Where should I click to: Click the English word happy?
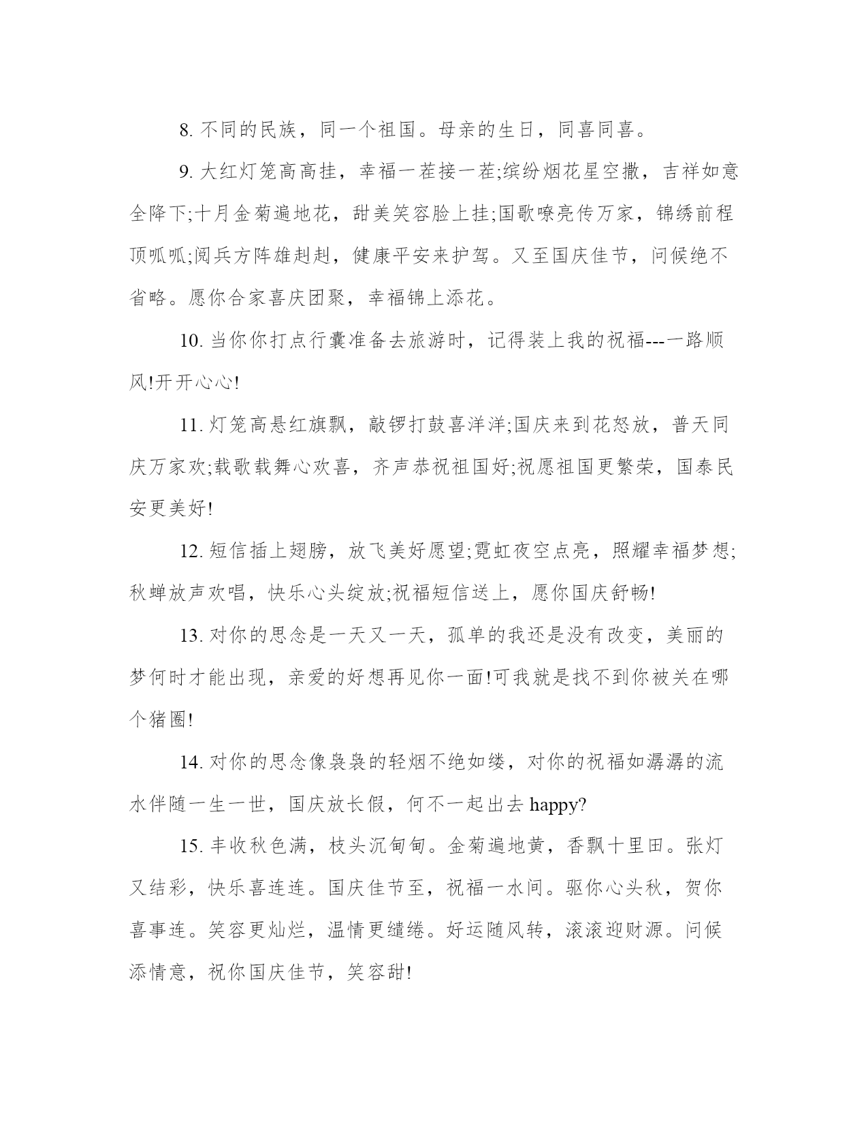coord(554,805)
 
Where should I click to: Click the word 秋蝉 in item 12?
coord(149,594)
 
